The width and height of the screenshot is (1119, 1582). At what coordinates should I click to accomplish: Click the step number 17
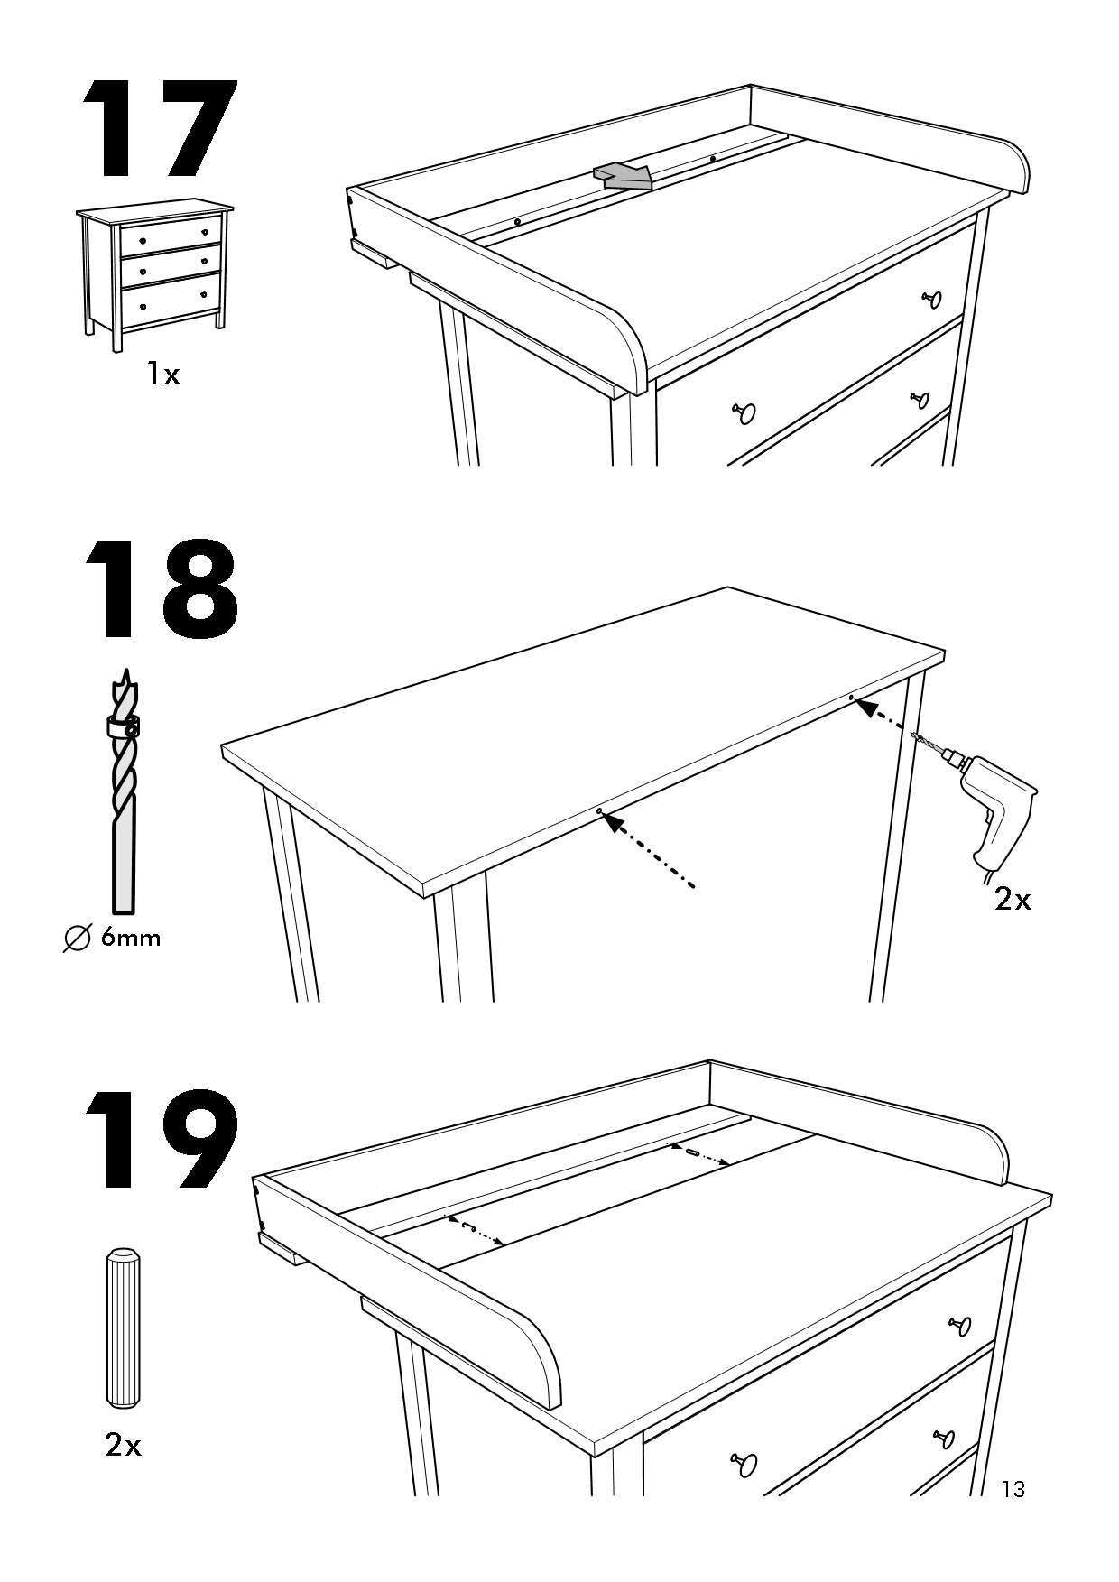(x=161, y=131)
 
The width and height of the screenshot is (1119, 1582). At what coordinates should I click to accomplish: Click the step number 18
(x=161, y=592)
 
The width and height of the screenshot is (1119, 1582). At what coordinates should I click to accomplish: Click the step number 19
(x=161, y=1139)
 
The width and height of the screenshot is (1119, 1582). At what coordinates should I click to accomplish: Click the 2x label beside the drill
(x=1013, y=899)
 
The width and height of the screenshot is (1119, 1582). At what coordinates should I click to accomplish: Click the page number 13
(x=1013, y=1489)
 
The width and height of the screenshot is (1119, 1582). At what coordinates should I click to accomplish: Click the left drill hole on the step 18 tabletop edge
(x=598, y=811)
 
